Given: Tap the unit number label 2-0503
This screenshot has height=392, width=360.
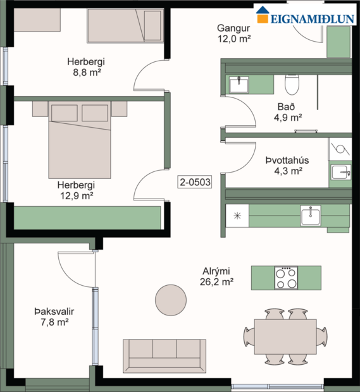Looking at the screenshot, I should [195, 182].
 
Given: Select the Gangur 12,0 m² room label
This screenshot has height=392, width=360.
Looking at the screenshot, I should [233, 33].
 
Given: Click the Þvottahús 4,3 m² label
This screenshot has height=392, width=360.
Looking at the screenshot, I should [283, 165].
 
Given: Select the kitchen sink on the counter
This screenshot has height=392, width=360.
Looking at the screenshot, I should [310, 216].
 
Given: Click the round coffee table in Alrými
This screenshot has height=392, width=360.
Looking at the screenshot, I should [172, 299].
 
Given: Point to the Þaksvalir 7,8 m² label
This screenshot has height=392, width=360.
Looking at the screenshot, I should [51, 317].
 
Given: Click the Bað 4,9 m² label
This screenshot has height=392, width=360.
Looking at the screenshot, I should [288, 111].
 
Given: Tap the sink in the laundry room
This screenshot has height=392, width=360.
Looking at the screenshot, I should [340, 173].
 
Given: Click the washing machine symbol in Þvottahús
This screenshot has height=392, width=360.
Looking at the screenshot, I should [340, 150].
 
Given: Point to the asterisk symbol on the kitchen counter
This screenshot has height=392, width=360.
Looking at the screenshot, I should [237, 216].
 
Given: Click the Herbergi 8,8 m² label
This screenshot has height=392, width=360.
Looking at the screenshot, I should [86, 67].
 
